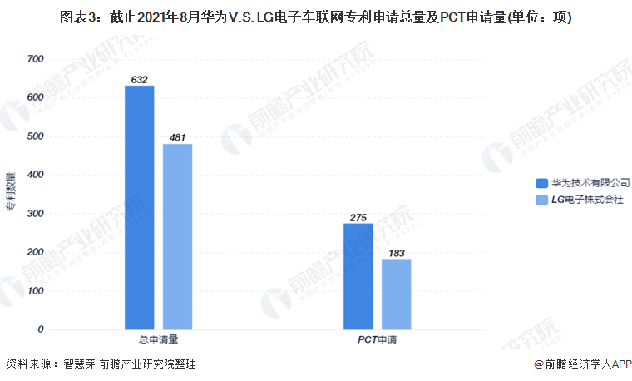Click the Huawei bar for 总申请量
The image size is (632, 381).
click(140, 207)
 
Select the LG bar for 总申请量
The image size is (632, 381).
click(177, 236)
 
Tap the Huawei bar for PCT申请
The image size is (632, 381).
click(358, 276)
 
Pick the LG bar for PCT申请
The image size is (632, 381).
click(396, 294)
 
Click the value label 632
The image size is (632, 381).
click(140, 80)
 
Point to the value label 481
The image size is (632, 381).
click(177, 138)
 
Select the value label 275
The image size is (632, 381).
click(358, 218)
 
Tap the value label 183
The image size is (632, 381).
click(396, 253)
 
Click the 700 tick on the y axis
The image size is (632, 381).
click(35, 59)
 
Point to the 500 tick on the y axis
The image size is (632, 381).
click(35, 136)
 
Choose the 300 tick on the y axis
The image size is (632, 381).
click(35, 214)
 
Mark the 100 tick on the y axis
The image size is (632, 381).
click(35, 291)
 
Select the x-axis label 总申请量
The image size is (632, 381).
click(158, 340)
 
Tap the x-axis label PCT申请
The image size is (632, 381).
click(377, 340)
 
